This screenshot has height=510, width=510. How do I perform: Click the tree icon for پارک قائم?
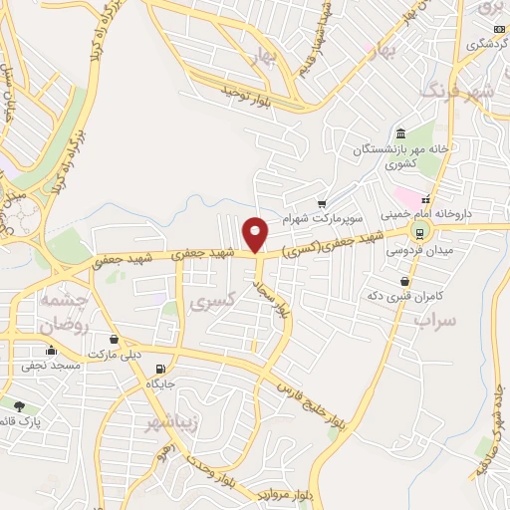click(19, 405)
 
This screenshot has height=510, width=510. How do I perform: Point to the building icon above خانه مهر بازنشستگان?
click(400, 134)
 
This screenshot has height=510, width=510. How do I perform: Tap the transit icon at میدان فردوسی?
click(419, 232)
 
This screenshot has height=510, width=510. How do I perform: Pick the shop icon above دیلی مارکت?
click(116, 340)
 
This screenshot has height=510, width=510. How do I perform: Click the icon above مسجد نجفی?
click(51, 351)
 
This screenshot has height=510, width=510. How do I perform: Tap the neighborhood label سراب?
click(435, 321)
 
